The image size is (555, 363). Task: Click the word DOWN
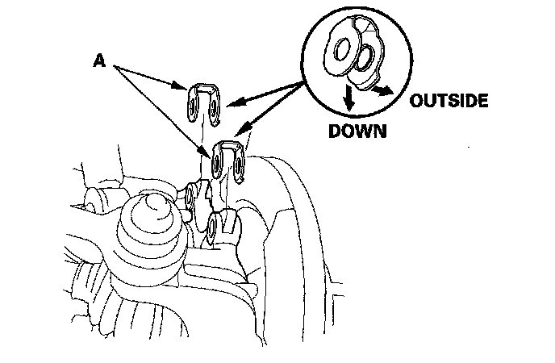coord(356,131)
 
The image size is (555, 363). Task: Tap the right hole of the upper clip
coord(213,110)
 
